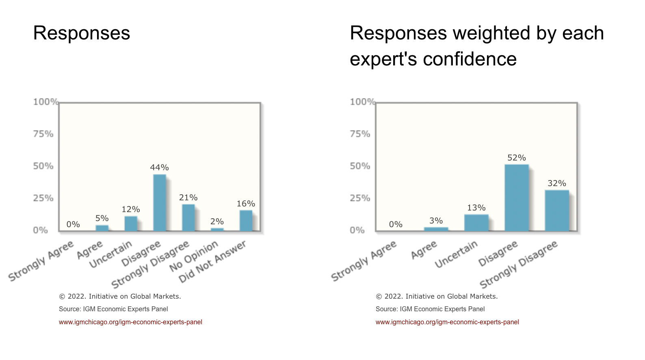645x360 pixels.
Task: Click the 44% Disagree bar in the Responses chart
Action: [x=160, y=203]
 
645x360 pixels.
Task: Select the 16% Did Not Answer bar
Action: [x=246, y=221]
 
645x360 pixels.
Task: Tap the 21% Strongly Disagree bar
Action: [x=188, y=218]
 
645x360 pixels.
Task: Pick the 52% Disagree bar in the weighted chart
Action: [x=517, y=198]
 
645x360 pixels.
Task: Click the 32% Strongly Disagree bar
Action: [x=556, y=210]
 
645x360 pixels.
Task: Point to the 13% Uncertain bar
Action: [x=476, y=223]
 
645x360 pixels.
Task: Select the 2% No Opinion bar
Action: [x=217, y=230]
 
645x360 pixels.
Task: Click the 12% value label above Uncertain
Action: [x=131, y=209]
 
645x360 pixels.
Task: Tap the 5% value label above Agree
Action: [x=102, y=219]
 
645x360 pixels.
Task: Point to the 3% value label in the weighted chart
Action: [x=436, y=221]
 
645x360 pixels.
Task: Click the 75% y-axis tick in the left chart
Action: [x=43, y=134]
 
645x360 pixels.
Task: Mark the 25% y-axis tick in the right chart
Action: [x=360, y=198]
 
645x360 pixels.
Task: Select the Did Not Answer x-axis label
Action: [x=212, y=261]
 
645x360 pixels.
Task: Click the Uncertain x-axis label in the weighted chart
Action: [x=456, y=254]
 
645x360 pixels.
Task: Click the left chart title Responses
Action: [x=82, y=33]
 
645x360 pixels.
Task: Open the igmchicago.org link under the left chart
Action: [x=130, y=322]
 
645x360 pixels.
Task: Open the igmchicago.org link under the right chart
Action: [x=447, y=322]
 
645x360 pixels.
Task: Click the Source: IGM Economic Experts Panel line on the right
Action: [x=430, y=309]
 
